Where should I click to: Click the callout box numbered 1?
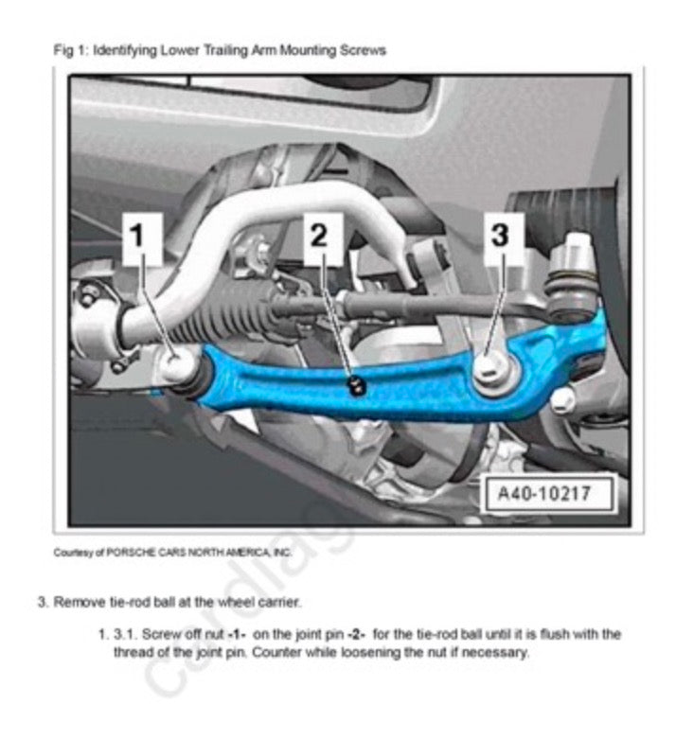point(142,238)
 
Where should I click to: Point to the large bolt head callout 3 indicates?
point(492,369)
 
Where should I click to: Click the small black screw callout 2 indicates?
point(355,385)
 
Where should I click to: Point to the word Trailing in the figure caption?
point(225,50)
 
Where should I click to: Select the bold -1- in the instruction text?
point(237,634)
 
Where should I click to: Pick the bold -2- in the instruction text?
point(356,634)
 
